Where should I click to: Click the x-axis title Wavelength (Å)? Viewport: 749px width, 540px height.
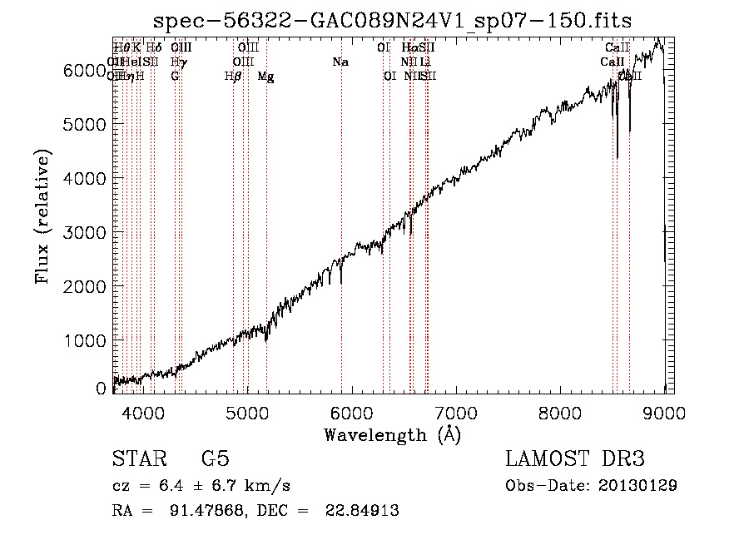392,434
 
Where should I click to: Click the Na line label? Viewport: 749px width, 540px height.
340,62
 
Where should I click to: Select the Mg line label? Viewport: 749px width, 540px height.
265,77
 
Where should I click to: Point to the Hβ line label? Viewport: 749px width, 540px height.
233,77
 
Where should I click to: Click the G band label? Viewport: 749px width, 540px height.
175,77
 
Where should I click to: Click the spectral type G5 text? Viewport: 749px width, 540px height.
216,459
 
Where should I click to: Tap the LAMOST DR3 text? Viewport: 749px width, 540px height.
575,459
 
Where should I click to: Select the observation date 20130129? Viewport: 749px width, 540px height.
637,485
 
